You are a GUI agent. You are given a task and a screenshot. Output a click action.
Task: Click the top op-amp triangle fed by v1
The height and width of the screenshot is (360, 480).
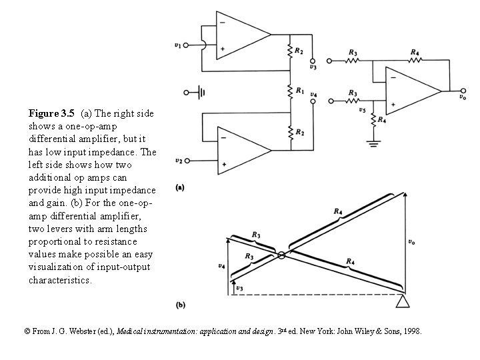coord(240,35)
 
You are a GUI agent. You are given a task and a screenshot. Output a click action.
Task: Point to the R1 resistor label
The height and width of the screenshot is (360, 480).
coord(301,90)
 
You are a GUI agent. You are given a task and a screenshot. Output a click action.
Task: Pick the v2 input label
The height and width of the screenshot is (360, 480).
coord(178,161)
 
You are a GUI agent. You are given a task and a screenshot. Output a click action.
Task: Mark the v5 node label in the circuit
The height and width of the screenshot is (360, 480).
coord(362,110)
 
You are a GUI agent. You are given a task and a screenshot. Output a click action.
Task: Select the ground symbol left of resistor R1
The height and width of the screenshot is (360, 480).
coord(198,91)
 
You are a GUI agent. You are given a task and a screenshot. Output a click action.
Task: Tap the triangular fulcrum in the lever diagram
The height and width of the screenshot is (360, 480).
coord(403,303)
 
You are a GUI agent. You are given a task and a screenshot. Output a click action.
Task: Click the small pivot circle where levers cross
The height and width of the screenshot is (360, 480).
coord(281,255)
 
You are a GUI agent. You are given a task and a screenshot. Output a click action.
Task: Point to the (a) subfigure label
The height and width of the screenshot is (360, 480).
coord(180,188)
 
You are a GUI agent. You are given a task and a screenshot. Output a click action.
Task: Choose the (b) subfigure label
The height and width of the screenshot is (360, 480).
coord(180,305)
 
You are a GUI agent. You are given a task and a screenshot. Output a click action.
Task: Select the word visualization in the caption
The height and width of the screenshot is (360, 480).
coord(59,267)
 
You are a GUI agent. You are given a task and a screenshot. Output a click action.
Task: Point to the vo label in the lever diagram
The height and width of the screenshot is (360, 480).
coord(413,243)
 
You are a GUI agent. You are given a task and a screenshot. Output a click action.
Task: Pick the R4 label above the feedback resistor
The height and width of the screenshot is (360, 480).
coord(415,52)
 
